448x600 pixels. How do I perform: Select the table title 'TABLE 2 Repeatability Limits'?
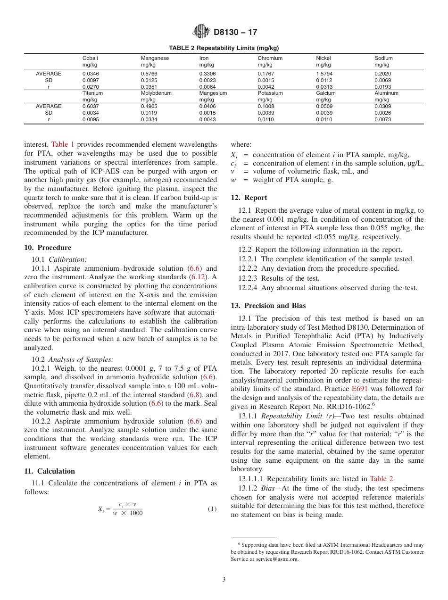click(224, 48)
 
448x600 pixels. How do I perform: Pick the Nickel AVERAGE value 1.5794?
click(324, 74)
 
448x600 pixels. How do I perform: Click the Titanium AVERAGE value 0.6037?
click(91, 107)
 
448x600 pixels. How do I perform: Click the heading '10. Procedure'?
click(48, 248)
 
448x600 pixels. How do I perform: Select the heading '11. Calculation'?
click(50, 471)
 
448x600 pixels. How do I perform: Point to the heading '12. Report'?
click(249, 198)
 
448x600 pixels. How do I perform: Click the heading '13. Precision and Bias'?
click(268, 306)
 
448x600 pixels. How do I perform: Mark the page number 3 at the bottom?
click(224, 579)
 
